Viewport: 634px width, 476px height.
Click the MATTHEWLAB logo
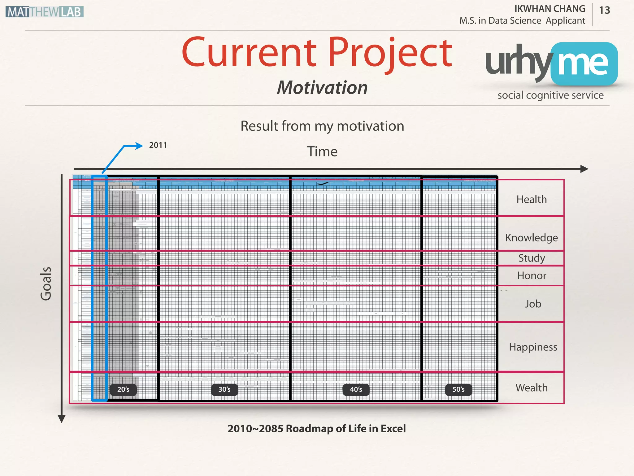pyautogui.click(x=45, y=12)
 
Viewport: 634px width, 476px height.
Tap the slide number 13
pyautogui.click(x=604, y=11)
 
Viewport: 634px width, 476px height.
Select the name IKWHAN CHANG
pyautogui.click(x=550, y=9)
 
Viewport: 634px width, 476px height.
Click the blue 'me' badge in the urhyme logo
pyautogui.click(x=584, y=64)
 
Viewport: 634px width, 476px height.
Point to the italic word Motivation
pyautogui.click(x=322, y=88)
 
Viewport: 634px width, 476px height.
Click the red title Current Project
pyautogui.click(x=317, y=53)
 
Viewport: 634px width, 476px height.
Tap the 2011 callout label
pyautogui.click(x=158, y=145)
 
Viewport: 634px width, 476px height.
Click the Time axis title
pyautogui.click(x=322, y=152)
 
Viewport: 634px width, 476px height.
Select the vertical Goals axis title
pyautogui.click(x=46, y=283)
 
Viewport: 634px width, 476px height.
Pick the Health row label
pyautogui.click(x=532, y=199)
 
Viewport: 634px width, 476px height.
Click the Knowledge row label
pyautogui.click(x=532, y=238)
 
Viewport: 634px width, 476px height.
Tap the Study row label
pyautogui.click(x=532, y=258)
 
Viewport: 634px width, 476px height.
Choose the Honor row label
pyautogui.click(x=532, y=275)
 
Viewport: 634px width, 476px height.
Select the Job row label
pyautogui.click(x=533, y=304)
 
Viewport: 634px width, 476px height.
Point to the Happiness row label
pyautogui.click(x=533, y=347)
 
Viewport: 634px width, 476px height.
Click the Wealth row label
pyautogui.click(x=532, y=388)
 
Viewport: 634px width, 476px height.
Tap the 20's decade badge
pyautogui.click(x=123, y=390)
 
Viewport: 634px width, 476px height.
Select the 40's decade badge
pyautogui.click(x=356, y=390)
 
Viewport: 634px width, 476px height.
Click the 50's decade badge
pyautogui.click(x=458, y=390)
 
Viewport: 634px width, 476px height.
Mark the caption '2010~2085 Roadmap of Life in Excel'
pyautogui.click(x=316, y=429)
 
